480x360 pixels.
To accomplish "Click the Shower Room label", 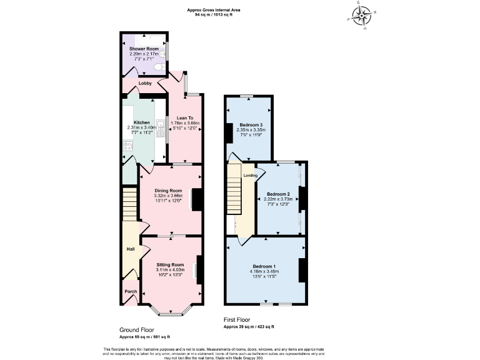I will point(144,49).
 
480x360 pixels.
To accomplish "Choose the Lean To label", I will point(184,118).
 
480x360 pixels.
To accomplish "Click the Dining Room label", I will point(167,191).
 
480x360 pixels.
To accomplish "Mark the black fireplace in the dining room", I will point(196,199).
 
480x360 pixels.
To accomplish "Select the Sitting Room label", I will point(170,265).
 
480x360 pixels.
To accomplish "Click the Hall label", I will point(131,249).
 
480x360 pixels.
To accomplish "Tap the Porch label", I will point(131,291).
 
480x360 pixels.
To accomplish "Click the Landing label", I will point(249,176).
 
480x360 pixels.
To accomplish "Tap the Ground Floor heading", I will point(138,329).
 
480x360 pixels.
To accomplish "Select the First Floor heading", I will point(237,319).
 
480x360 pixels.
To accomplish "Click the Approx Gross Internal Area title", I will point(214,9).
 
